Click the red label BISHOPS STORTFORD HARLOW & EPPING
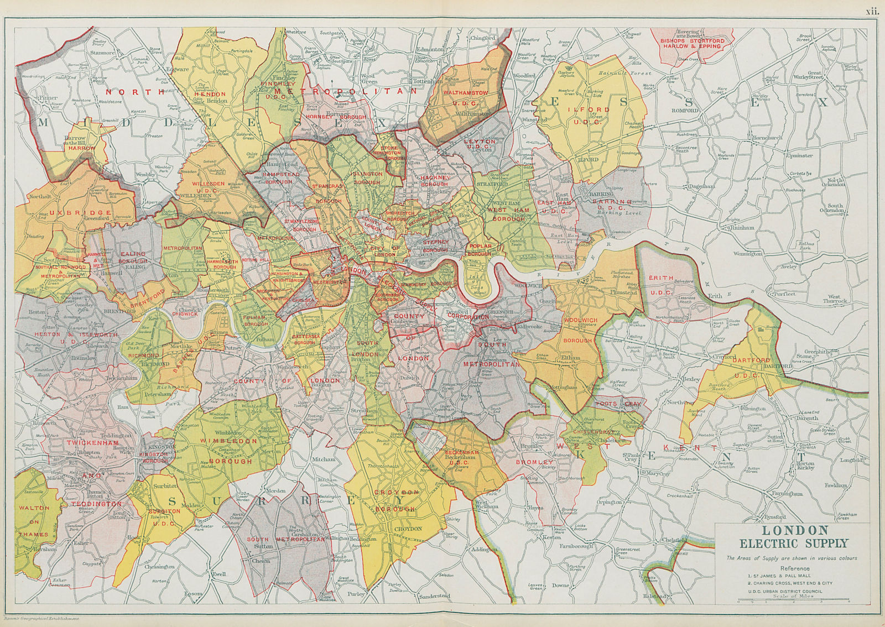[694, 43]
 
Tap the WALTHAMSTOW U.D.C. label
[465, 98]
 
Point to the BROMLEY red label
[534, 462]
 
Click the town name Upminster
[799, 155]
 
